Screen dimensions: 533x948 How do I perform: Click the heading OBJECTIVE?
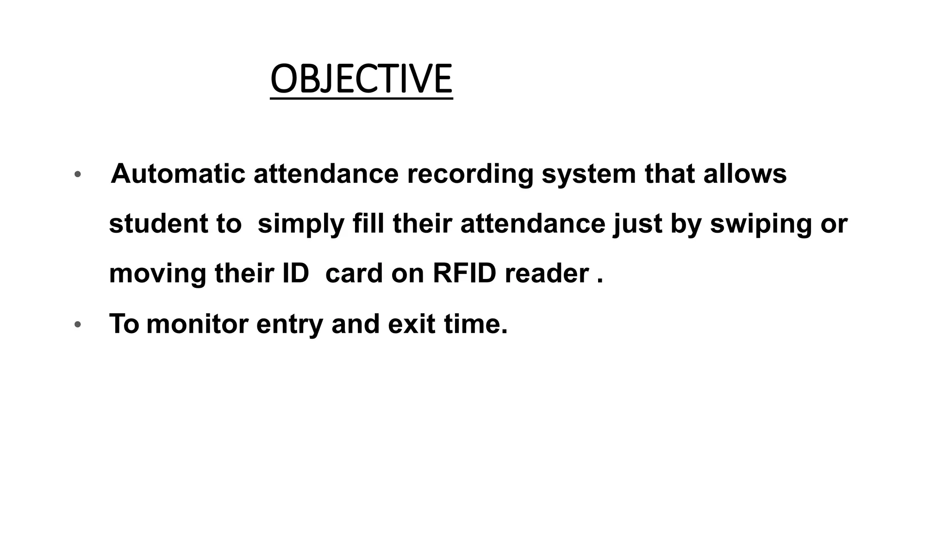click(x=361, y=79)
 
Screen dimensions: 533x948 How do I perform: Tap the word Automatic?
click(x=178, y=174)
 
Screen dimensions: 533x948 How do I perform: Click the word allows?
click(x=745, y=174)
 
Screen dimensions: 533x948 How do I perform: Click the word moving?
click(x=157, y=274)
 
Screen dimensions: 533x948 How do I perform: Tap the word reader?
click(x=547, y=273)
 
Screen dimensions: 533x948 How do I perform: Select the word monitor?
click(x=197, y=324)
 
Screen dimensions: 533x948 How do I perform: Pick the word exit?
click(x=412, y=324)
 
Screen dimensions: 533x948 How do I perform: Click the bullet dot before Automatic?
click(x=78, y=175)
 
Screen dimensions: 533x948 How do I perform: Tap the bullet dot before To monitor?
click(x=78, y=325)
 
